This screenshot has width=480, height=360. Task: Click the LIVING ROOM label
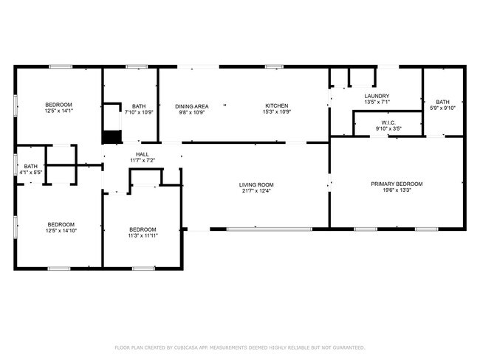coord(256,184)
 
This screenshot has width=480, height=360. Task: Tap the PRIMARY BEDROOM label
coord(397,184)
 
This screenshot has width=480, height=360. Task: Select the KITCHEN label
coord(277,105)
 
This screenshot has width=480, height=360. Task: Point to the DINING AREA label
coord(192,106)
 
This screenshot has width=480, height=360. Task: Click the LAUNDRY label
coord(377,96)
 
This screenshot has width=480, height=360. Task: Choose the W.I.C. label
coord(388,122)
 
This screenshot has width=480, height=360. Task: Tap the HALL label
coord(143,154)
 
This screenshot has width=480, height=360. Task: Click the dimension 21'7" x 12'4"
coord(256,191)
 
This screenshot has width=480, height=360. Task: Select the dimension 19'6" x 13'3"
coord(397,190)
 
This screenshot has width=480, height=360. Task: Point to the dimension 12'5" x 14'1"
coord(59,111)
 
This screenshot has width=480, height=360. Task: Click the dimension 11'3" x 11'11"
coord(143,235)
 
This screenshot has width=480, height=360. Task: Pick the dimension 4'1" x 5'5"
coord(30,172)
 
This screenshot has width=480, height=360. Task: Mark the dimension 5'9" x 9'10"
coord(442,108)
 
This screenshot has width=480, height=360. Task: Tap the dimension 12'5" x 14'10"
coord(61,231)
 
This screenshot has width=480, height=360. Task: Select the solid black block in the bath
coord(112,136)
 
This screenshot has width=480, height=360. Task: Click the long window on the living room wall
coord(270,229)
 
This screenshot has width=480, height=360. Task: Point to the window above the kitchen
coord(274,66)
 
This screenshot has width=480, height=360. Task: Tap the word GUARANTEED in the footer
coord(349,347)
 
